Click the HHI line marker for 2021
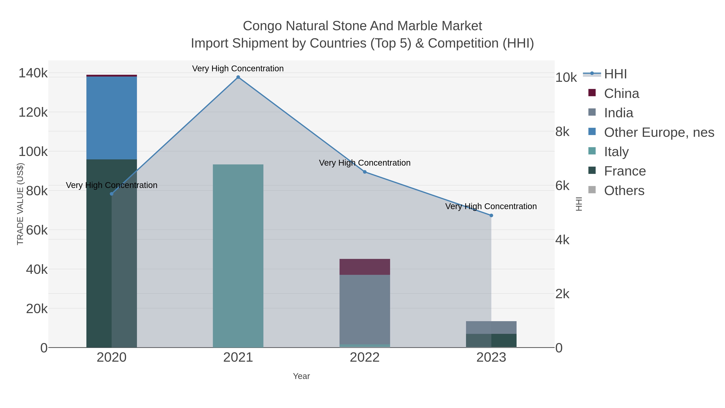[238, 77]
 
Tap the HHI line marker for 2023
[491, 215]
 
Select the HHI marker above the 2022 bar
[365, 172]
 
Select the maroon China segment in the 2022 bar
[365, 267]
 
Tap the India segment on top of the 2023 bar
[491, 327]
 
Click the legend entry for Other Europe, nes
[659, 132]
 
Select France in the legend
[625, 171]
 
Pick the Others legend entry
[624, 191]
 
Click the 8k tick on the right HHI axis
[562, 132]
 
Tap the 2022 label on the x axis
[365, 358]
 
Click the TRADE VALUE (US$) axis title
[20, 204]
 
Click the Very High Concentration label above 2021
[238, 69]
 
